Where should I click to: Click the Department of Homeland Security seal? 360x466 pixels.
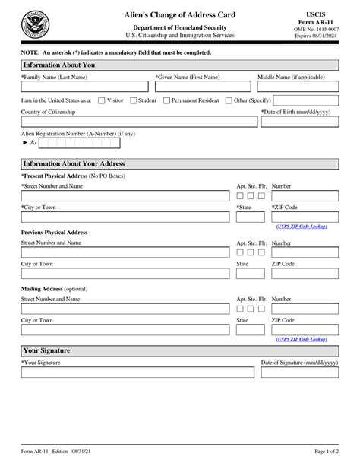(33, 24)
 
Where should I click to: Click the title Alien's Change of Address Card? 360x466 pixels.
(180, 15)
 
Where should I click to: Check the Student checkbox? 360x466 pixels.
(134, 100)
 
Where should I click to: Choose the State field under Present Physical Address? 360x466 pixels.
(251, 217)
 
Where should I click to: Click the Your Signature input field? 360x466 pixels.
(137, 372)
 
